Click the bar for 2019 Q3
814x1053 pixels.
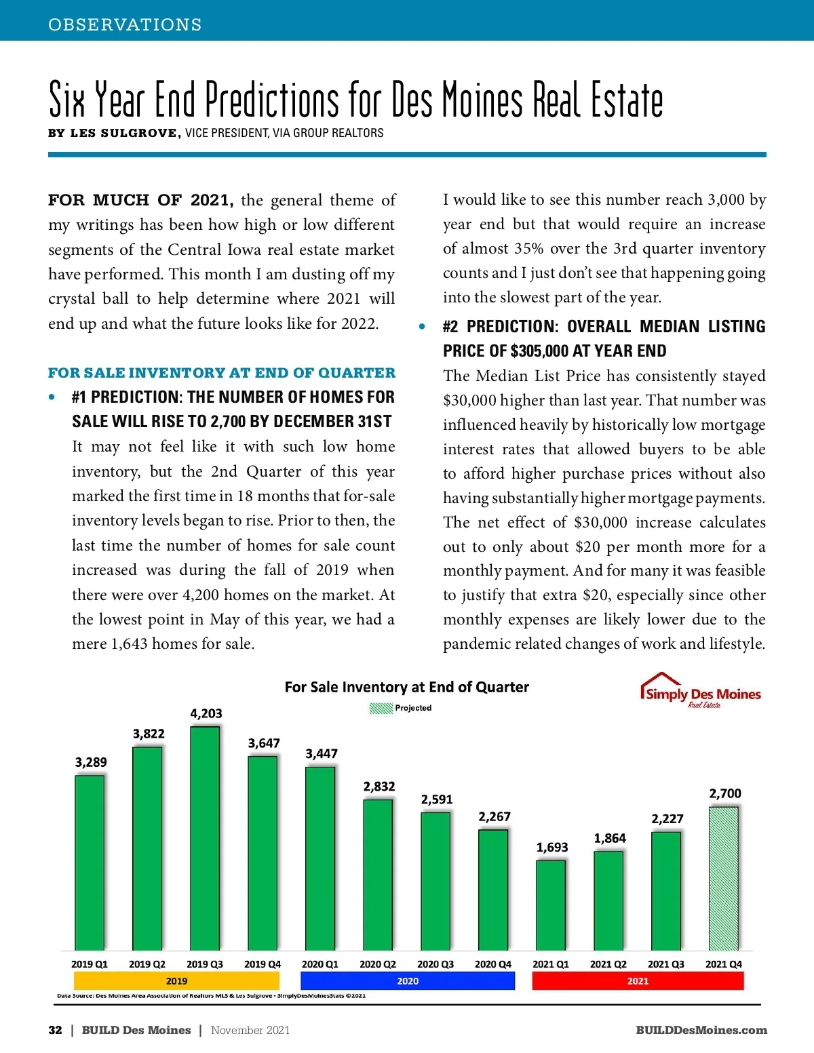[x=205, y=837]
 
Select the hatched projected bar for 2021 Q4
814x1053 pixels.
[x=724, y=878]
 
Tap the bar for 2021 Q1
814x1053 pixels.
[x=551, y=905]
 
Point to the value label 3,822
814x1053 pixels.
[x=149, y=734]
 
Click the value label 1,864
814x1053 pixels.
[x=610, y=838]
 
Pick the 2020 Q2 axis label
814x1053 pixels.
[x=378, y=963]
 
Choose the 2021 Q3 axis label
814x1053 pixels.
[x=666, y=963]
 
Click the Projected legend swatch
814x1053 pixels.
[x=381, y=708]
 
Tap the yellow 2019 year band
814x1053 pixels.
[x=176, y=980]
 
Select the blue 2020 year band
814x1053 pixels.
[x=408, y=980]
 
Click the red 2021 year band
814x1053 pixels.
[x=638, y=980]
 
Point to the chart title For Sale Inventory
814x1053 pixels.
[x=406, y=687]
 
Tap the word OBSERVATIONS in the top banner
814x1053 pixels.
[x=125, y=24]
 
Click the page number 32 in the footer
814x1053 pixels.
[x=55, y=1030]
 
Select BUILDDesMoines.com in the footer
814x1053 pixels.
[x=701, y=1030]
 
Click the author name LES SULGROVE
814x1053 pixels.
[x=125, y=133]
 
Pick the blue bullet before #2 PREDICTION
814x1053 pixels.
[x=422, y=327]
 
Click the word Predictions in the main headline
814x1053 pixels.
[x=271, y=100]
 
